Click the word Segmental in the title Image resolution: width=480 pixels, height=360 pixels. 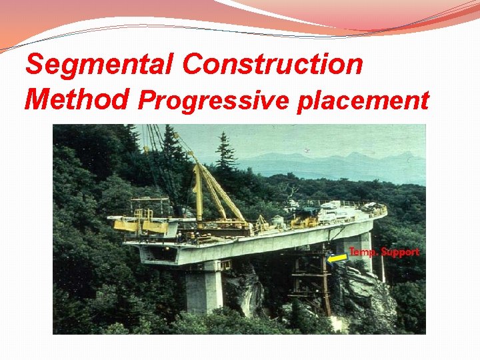pos(99,65)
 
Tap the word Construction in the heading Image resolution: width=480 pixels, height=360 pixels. pos(272,65)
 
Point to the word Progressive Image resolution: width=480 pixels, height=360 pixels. pos(213,101)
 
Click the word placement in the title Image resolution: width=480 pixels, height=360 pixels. pos(363,101)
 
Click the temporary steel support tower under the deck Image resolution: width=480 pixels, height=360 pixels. pos(310,280)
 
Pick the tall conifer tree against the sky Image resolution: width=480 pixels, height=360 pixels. pos(225,153)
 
